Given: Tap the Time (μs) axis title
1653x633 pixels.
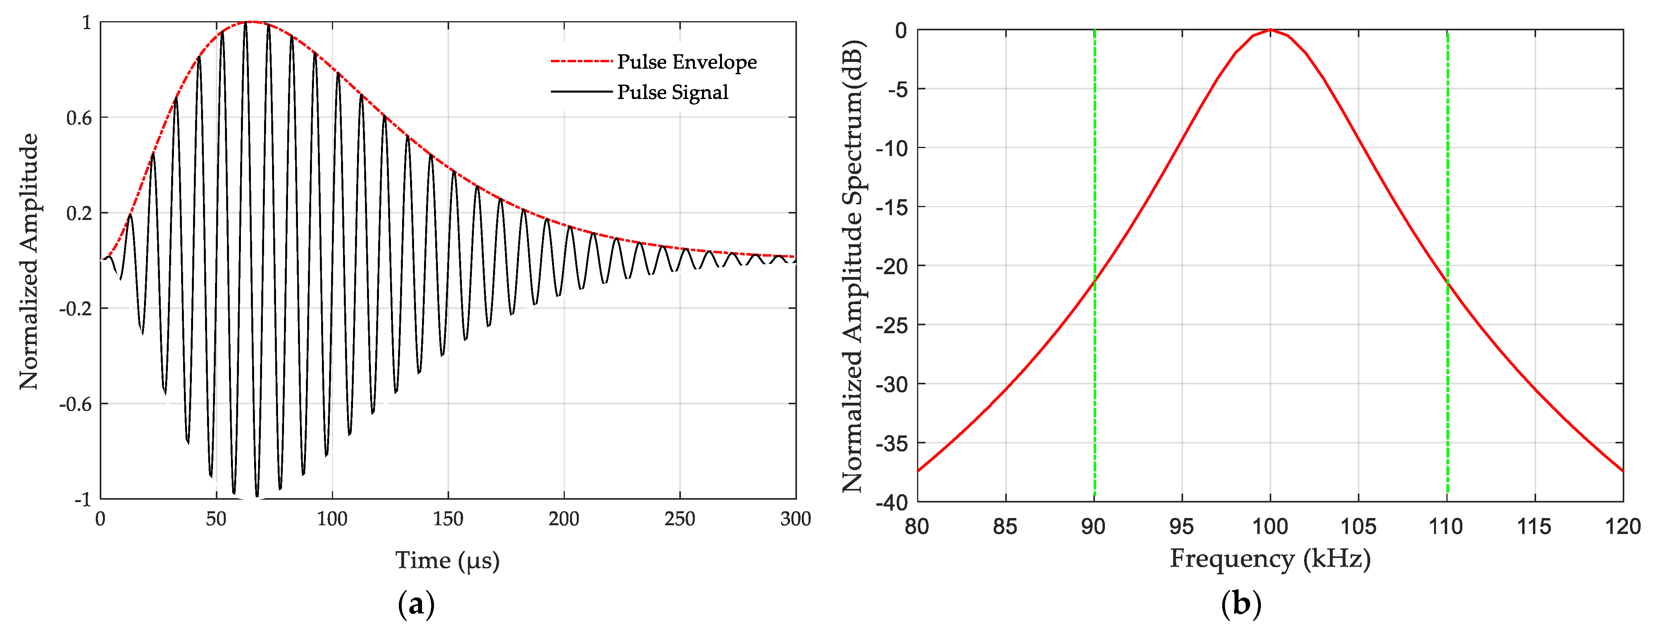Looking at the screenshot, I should pyautogui.click(x=447, y=560).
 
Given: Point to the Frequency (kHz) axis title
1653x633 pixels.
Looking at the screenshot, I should pyautogui.click(x=1270, y=558).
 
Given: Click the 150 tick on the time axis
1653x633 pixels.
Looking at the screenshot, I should pyautogui.click(x=447, y=519).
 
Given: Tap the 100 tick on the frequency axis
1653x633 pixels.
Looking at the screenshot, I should pyautogui.click(x=1270, y=526).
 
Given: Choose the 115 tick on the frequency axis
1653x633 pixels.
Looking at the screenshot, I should pyautogui.click(x=1534, y=526).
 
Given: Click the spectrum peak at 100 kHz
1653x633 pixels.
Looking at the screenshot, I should pyautogui.click(x=1270, y=30).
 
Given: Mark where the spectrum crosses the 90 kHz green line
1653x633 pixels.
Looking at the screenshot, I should pyautogui.click(x=1094, y=281).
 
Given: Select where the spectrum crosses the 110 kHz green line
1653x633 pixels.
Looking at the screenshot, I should pyautogui.click(x=1447, y=283).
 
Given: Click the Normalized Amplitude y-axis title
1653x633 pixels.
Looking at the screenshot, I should pyautogui.click(x=29, y=261).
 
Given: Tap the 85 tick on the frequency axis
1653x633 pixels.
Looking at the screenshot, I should pyautogui.click(x=1005, y=526).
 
